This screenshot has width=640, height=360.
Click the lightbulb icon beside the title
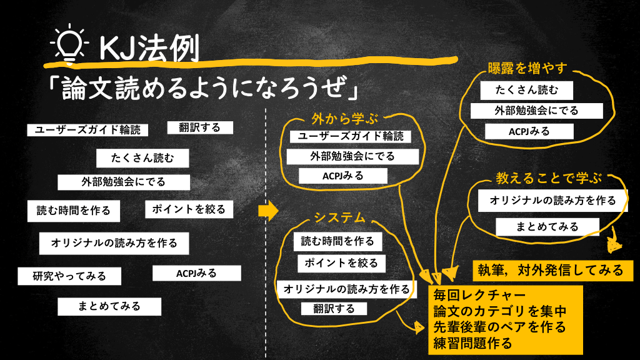(70, 44)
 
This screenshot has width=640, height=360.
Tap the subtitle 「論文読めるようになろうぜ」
(203, 89)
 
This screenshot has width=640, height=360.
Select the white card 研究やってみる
(70, 276)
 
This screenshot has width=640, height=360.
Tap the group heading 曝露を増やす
(527, 67)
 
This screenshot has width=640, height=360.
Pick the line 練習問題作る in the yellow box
(472, 342)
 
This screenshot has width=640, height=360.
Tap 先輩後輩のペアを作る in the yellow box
(499, 326)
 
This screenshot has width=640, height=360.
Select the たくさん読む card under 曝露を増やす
(526, 90)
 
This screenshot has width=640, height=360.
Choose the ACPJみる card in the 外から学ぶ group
(342, 176)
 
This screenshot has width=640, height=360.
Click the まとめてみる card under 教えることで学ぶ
(547, 226)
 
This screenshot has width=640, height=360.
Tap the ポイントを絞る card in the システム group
(341, 262)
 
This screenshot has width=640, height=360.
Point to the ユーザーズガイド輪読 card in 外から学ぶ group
(350, 136)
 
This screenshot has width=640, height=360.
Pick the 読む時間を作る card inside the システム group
(337, 241)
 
